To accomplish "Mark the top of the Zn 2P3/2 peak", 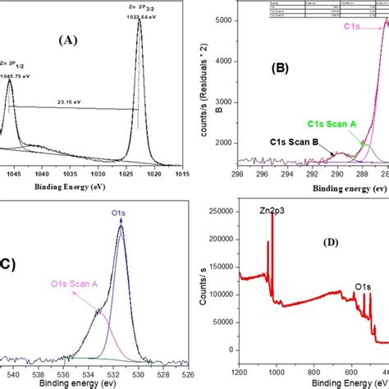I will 140,21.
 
